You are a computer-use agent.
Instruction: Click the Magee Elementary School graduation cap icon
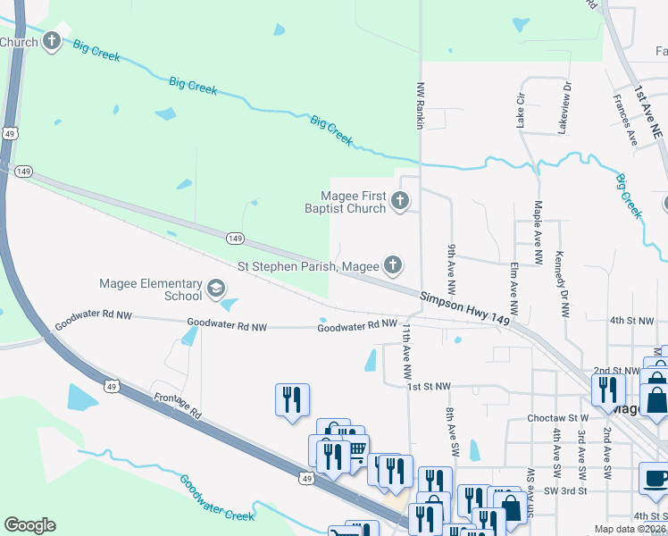pyautogui.click(x=215, y=288)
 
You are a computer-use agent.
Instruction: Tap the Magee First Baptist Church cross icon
pyautogui.click(x=400, y=201)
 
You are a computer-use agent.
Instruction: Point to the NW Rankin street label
pyautogui.click(x=420, y=105)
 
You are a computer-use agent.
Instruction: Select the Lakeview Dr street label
pyautogui.click(x=564, y=106)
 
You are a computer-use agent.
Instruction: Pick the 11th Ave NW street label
pyautogui.click(x=406, y=348)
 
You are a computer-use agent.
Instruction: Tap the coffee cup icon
pyautogui.click(x=655, y=478)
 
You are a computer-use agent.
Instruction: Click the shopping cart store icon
pyautogui.click(x=355, y=448)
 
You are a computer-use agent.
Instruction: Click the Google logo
pyautogui.click(x=29, y=525)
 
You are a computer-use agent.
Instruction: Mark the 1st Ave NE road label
pyautogui.click(x=647, y=112)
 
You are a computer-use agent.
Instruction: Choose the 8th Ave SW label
pyautogui.click(x=451, y=425)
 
